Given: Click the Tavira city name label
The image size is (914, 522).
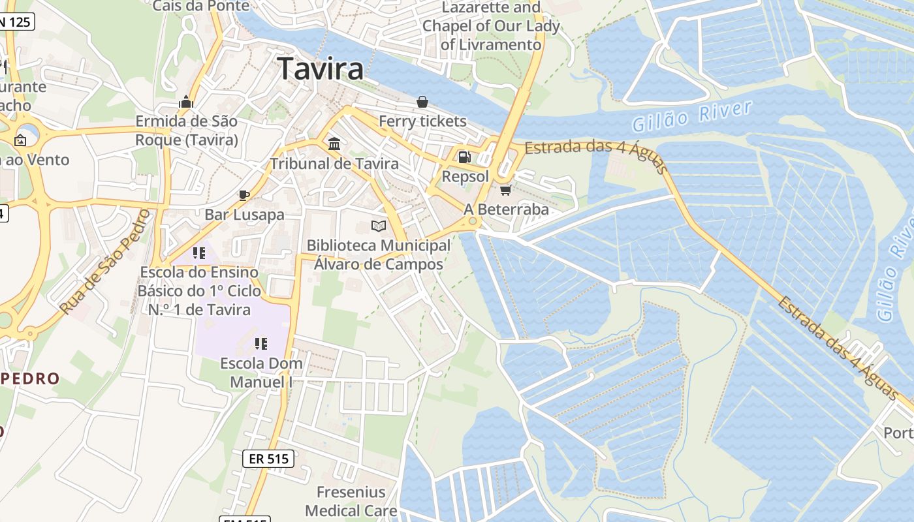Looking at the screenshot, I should click(x=320, y=69).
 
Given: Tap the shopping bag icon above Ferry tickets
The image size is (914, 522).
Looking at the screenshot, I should click(x=422, y=102).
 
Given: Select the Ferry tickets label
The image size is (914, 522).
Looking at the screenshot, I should click(x=422, y=121).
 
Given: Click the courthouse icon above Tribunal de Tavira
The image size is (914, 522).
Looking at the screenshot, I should click(x=334, y=144).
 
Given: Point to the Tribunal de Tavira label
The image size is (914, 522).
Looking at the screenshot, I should click(x=334, y=163).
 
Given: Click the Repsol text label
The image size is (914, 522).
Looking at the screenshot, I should click(x=465, y=176).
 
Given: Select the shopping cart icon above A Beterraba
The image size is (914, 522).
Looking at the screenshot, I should click(x=505, y=190).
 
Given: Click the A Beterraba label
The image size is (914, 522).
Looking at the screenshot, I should click(x=506, y=209).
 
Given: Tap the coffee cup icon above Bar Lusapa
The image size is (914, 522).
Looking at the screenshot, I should click(x=244, y=194).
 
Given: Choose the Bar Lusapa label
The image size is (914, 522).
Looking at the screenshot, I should click(x=244, y=215).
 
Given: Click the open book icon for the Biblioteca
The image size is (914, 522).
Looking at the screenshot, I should click(x=379, y=226).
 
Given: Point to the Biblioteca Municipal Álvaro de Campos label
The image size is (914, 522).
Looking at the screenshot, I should click(x=379, y=254).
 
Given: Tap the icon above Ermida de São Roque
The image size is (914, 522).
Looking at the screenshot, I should click(x=186, y=102).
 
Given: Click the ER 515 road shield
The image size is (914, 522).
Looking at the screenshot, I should click(x=268, y=459).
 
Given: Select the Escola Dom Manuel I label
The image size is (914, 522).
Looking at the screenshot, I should click(x=261, y=373).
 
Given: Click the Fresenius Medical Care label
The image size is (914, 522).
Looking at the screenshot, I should click(x=351, y=501).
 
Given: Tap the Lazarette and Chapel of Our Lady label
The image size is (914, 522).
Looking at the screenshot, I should click(x=491, y=26).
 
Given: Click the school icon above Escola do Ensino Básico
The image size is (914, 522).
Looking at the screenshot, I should click(x=198, y=253).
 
